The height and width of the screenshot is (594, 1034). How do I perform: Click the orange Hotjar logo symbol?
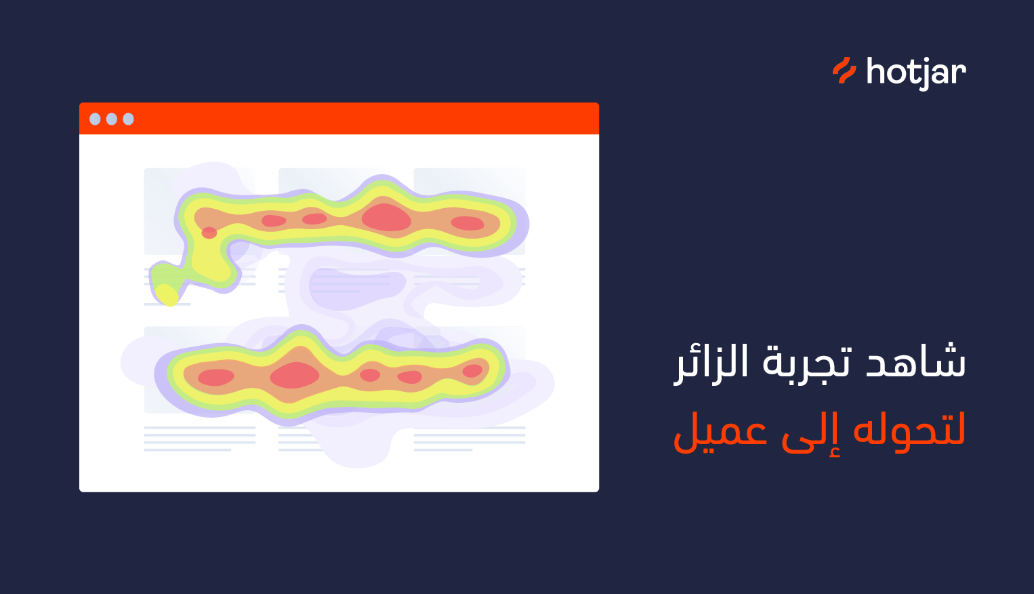coord(844,71)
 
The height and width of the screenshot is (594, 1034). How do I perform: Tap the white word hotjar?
coord(916,73)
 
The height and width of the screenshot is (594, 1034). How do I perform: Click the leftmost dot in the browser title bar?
coord(95,119)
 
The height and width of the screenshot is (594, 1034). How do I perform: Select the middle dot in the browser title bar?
coord(112,119)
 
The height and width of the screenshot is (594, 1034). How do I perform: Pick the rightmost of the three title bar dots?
coord(128,119)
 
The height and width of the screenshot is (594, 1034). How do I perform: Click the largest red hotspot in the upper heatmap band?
coord(386,218)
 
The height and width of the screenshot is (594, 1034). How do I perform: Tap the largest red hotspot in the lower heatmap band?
coord(295,375)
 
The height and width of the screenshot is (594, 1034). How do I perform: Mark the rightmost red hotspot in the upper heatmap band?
coord(467,223)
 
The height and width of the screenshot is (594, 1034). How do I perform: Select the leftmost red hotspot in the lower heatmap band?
coord(215,377)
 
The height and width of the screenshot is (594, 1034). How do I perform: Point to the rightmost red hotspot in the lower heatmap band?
coord(472,370)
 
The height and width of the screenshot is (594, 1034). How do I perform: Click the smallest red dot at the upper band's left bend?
coord(209,233)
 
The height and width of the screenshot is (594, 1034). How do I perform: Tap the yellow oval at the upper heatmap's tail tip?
coord(167,295)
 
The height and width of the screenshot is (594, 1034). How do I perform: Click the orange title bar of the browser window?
coord(339,119)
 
